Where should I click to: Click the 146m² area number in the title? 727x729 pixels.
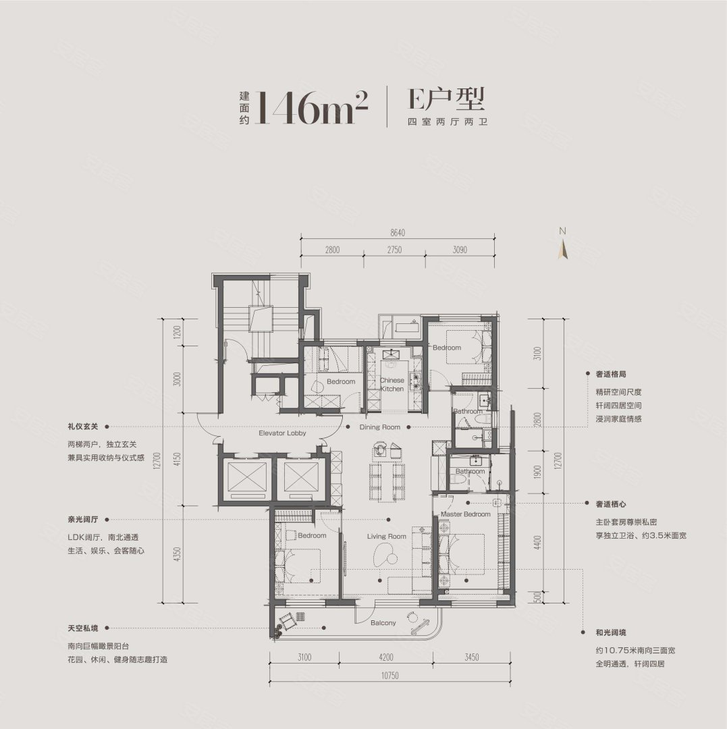[311, 107]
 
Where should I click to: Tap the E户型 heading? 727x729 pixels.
[446, 99]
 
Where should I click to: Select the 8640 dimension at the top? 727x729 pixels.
[398, 232]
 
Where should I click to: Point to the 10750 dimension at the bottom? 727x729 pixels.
[389, 675]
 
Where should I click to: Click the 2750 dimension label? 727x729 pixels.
[394, 250]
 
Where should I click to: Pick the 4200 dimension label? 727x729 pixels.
[386, 657]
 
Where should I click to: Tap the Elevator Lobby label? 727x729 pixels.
[283, 433]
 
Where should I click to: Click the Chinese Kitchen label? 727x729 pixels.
[392, 385]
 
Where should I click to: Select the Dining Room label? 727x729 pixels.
[380, 427]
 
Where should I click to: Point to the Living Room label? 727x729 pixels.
[386, 536]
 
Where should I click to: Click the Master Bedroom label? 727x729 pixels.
[465, 514]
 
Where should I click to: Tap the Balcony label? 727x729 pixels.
[383, 622]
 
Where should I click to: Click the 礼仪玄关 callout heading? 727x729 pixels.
[83, 427]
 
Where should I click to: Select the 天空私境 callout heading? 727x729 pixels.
[83, 628]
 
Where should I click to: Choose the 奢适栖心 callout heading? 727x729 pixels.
[611, 504]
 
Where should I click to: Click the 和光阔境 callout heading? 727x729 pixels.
[611, 632]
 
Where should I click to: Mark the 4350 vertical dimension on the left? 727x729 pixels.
[176, 554]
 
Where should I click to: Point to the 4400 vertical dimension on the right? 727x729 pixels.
[538, 543]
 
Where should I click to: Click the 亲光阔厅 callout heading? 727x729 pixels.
[83, 519]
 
